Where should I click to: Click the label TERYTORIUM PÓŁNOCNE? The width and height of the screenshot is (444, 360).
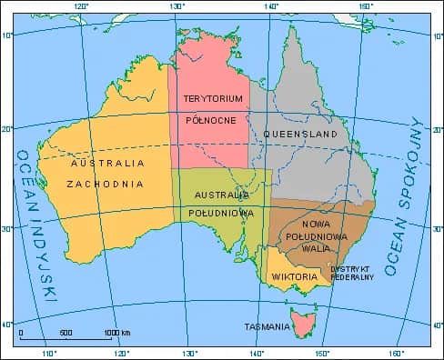pos(213,107)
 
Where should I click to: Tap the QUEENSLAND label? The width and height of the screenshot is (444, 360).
pos(300,134)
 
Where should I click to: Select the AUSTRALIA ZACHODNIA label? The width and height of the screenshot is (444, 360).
pos(107,173)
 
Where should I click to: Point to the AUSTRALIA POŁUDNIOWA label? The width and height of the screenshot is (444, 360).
pos(220,204)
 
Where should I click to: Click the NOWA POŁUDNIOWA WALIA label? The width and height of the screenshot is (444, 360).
pos(315,235)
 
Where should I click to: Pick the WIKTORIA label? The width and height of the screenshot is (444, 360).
pos(294,276)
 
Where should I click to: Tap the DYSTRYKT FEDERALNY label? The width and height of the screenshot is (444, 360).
pos(352,273)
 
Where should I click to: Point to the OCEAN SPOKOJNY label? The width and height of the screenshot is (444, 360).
pos(405,195)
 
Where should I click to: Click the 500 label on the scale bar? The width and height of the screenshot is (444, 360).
pos(66,332)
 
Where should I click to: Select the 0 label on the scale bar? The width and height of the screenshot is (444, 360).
pos(20,332)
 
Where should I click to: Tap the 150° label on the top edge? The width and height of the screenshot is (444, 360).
pos(366,6)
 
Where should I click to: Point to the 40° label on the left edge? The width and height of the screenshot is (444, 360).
pos(6,325)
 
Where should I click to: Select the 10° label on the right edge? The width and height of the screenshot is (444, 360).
pos(438,37)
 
